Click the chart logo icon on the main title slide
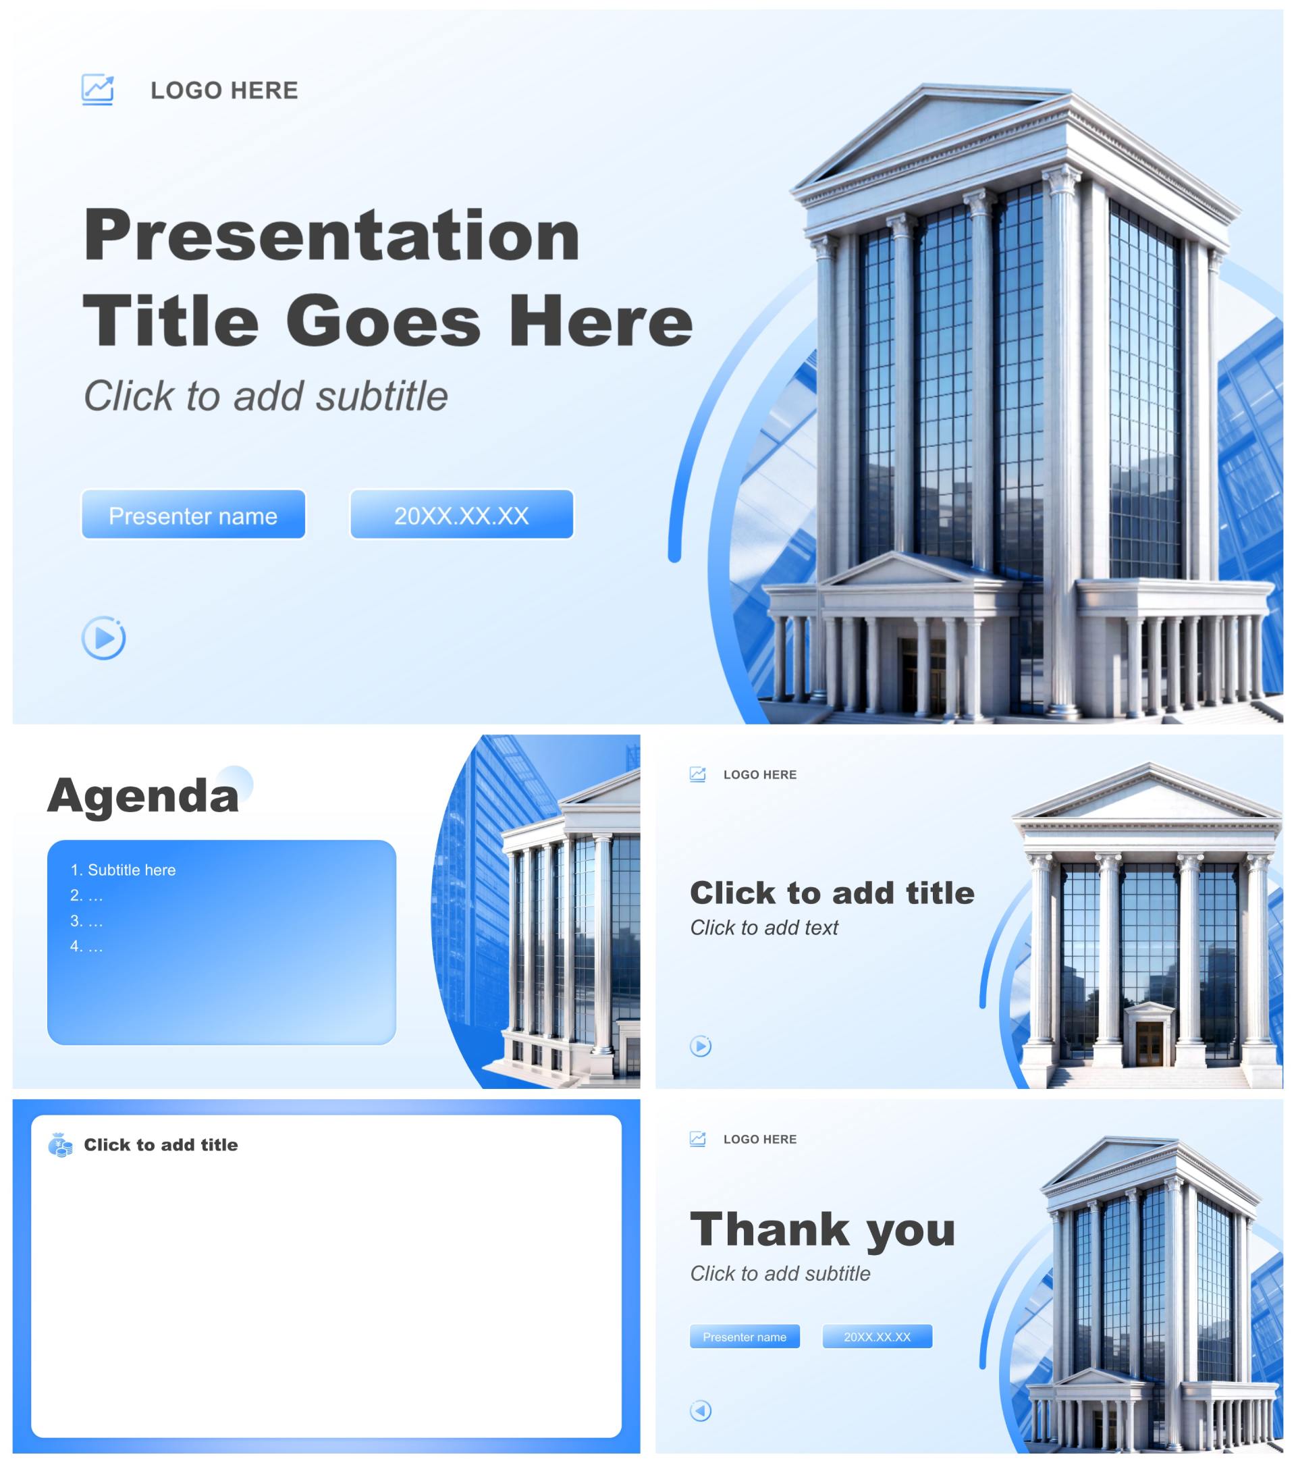click(x=97, y=90)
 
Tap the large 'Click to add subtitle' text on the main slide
click(x=265, y=396)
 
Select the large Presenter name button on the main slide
click(x=193, y=514)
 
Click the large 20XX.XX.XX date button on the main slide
click(x=462, y=514)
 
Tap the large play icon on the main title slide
click(x=104, y=638)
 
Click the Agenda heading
click(x=143, y=795)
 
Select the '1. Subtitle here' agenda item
click(x=123, y=870)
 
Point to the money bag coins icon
click(x=60, y=1145)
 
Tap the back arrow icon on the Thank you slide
click(x=701, y=1411)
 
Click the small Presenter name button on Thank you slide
click(x=745, y=1337)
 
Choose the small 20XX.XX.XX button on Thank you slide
click(x=878, y=1337)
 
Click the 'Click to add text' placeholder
click(x=763, y=928)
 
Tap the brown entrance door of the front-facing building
click(x=1150, y=1044)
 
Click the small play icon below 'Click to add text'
click(x=701, y=1046)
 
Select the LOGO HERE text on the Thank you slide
click(x=760, y=1140)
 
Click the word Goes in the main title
click(x=383, y=321)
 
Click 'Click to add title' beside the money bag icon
click(x=161, y=1145)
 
